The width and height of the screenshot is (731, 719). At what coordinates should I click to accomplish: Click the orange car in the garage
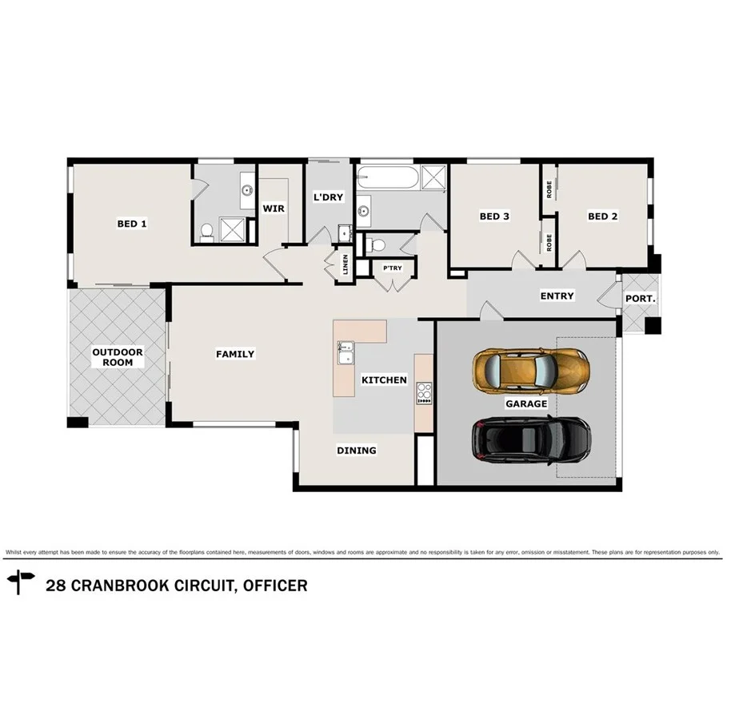[x=531, y=370]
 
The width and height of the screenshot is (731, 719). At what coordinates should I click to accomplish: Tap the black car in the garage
[x=531, y=440]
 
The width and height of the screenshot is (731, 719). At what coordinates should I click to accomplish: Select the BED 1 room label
[x=132, y=224]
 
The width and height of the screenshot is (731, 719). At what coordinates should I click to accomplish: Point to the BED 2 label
[x=602, y=216]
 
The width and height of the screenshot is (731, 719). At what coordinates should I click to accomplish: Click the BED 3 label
[x=494, y=216]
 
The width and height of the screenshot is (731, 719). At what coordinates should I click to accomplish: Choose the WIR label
[x=274, y=209]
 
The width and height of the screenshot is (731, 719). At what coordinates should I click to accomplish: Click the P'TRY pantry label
[x=392, y=268]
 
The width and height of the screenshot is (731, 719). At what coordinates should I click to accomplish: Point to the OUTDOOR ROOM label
[x=118, y=357]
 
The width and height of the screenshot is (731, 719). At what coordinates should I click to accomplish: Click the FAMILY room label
[x=235, y=354]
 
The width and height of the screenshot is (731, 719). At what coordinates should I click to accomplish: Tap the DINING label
[x=356, y=451]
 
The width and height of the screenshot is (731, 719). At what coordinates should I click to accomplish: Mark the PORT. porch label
[x=640, y=298]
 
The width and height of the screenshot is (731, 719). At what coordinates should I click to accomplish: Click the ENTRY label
[x=557, y=296]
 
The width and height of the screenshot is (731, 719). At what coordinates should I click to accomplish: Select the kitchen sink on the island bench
[x=346, y=352]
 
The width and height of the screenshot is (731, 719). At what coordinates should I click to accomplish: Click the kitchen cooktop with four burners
[x=423, y=393]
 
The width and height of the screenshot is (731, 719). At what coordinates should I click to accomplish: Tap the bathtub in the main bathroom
[x=388, y=177]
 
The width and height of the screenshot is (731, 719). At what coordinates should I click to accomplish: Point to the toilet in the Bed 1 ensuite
[x=206, y=232]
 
